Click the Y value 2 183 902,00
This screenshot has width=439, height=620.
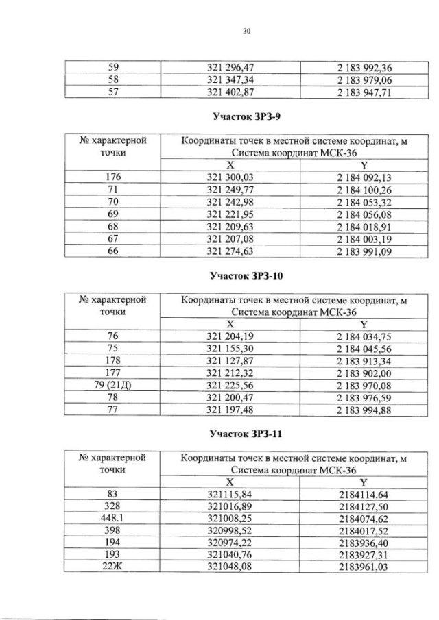click(364, 373)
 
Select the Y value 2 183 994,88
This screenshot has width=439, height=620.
click(364, 410)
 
